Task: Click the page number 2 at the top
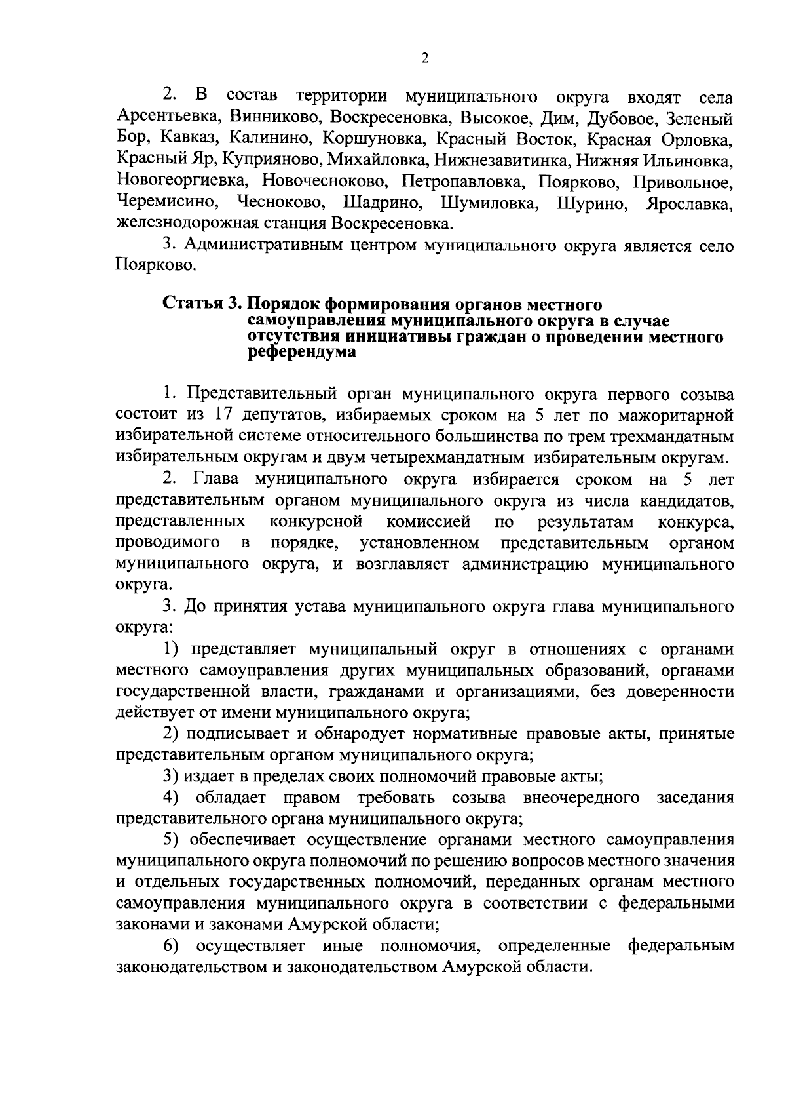[424, 59]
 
